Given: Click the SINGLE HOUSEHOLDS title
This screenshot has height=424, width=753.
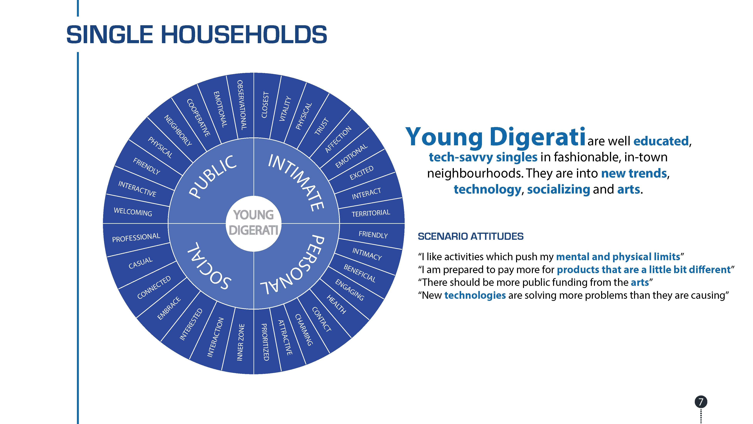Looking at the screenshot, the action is [x=196, y=34].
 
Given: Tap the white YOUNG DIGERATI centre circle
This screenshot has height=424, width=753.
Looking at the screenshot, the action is [x=254, y=224].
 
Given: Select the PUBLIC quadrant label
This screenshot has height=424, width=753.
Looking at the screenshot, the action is [x=212, y=177].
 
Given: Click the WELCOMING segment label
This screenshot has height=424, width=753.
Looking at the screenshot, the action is [x=133, y=212].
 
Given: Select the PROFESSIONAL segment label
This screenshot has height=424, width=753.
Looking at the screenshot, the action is [x=136, y=237].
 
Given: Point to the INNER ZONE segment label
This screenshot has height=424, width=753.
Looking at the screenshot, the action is [x=240, y=342].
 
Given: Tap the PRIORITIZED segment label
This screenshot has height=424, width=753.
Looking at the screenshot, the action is [x=265, y=342].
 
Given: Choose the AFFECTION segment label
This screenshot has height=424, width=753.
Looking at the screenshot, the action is [x=338, y=140].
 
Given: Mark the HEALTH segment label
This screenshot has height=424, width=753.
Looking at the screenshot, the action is [x=336, y=304].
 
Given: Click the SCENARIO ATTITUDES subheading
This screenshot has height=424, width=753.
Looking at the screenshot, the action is [x=471, y=236].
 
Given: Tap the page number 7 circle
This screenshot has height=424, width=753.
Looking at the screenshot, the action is [x=701, y=402].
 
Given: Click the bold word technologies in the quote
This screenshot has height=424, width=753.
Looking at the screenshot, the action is [x=475, y=295].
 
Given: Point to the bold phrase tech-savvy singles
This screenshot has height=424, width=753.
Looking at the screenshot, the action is [x=483, y=157].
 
